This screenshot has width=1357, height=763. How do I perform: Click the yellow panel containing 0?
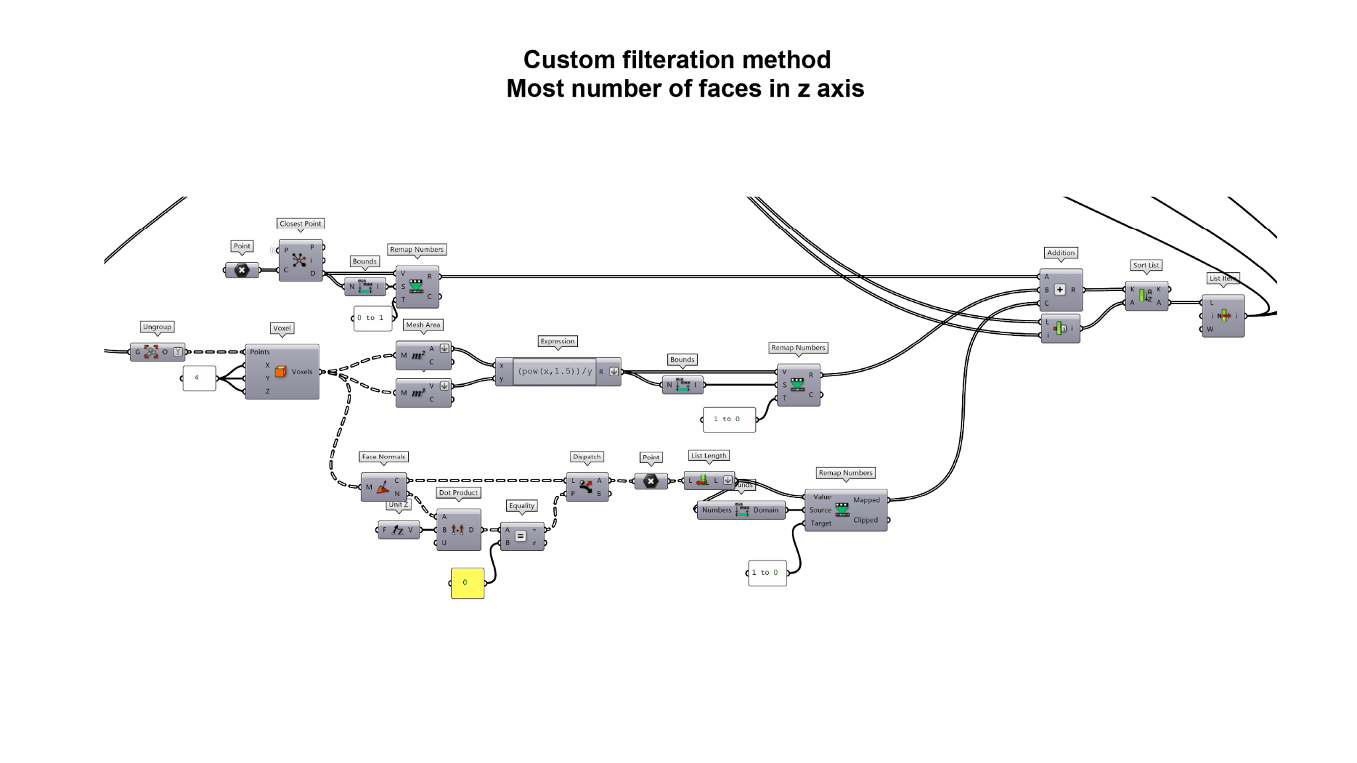coord(467,583)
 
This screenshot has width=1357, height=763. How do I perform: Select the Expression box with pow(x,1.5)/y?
coord(555,372)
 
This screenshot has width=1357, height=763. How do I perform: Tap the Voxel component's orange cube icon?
coord(281,372)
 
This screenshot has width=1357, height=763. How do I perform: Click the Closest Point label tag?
coord(300,224)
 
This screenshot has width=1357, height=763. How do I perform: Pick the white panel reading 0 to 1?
coord(372,318)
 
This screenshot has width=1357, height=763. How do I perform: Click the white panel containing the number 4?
coord(199,378)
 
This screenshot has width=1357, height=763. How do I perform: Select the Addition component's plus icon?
coord(1059,290)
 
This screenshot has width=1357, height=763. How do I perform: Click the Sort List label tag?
coord(1146,266)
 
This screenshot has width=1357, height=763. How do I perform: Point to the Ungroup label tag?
coord(157,327)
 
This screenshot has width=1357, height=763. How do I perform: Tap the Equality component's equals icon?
coord(521,536)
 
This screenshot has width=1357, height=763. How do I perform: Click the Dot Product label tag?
coord(458,493)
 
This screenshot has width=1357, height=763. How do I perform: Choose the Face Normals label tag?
coord(383,457)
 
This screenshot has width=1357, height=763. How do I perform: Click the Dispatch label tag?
coord(586,457)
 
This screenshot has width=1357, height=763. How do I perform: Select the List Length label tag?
coord(708,456)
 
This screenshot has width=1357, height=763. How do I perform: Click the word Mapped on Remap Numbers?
coord(866,500)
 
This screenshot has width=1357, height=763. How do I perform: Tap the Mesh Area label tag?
coord(423,325)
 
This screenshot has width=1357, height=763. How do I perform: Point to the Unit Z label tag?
coord(398,505)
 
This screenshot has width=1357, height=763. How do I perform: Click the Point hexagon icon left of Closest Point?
coord(242,270)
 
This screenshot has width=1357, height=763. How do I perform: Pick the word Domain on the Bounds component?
coord(765,510)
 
